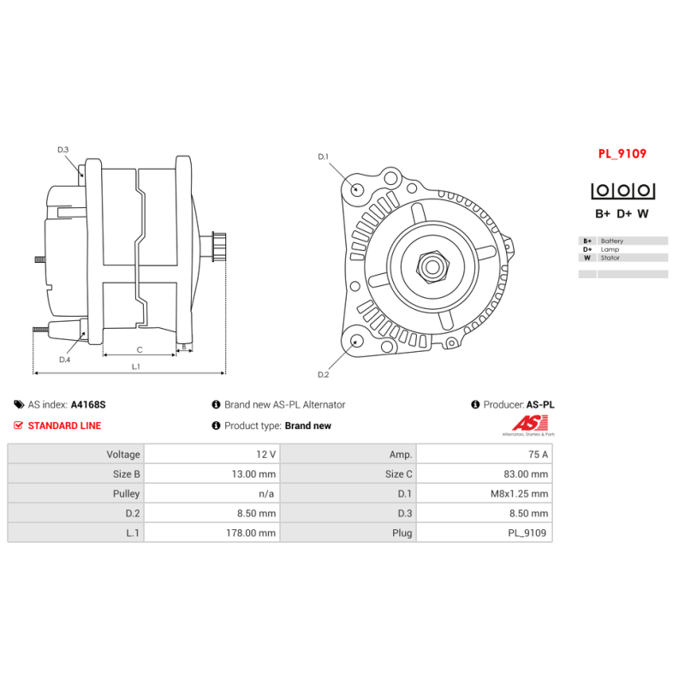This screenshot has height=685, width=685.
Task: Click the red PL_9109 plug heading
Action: coord(622,154)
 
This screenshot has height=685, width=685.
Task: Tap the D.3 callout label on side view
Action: coord(63,150)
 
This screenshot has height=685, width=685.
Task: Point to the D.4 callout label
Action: coord(65,360)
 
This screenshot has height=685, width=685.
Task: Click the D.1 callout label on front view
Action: coord(324,157)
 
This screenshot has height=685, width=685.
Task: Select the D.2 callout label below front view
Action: coord(324,374)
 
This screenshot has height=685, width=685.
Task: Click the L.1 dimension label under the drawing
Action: coord(136,366)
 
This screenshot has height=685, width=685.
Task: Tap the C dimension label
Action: coord(140,349)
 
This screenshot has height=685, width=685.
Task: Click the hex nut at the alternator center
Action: coord(432,266)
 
